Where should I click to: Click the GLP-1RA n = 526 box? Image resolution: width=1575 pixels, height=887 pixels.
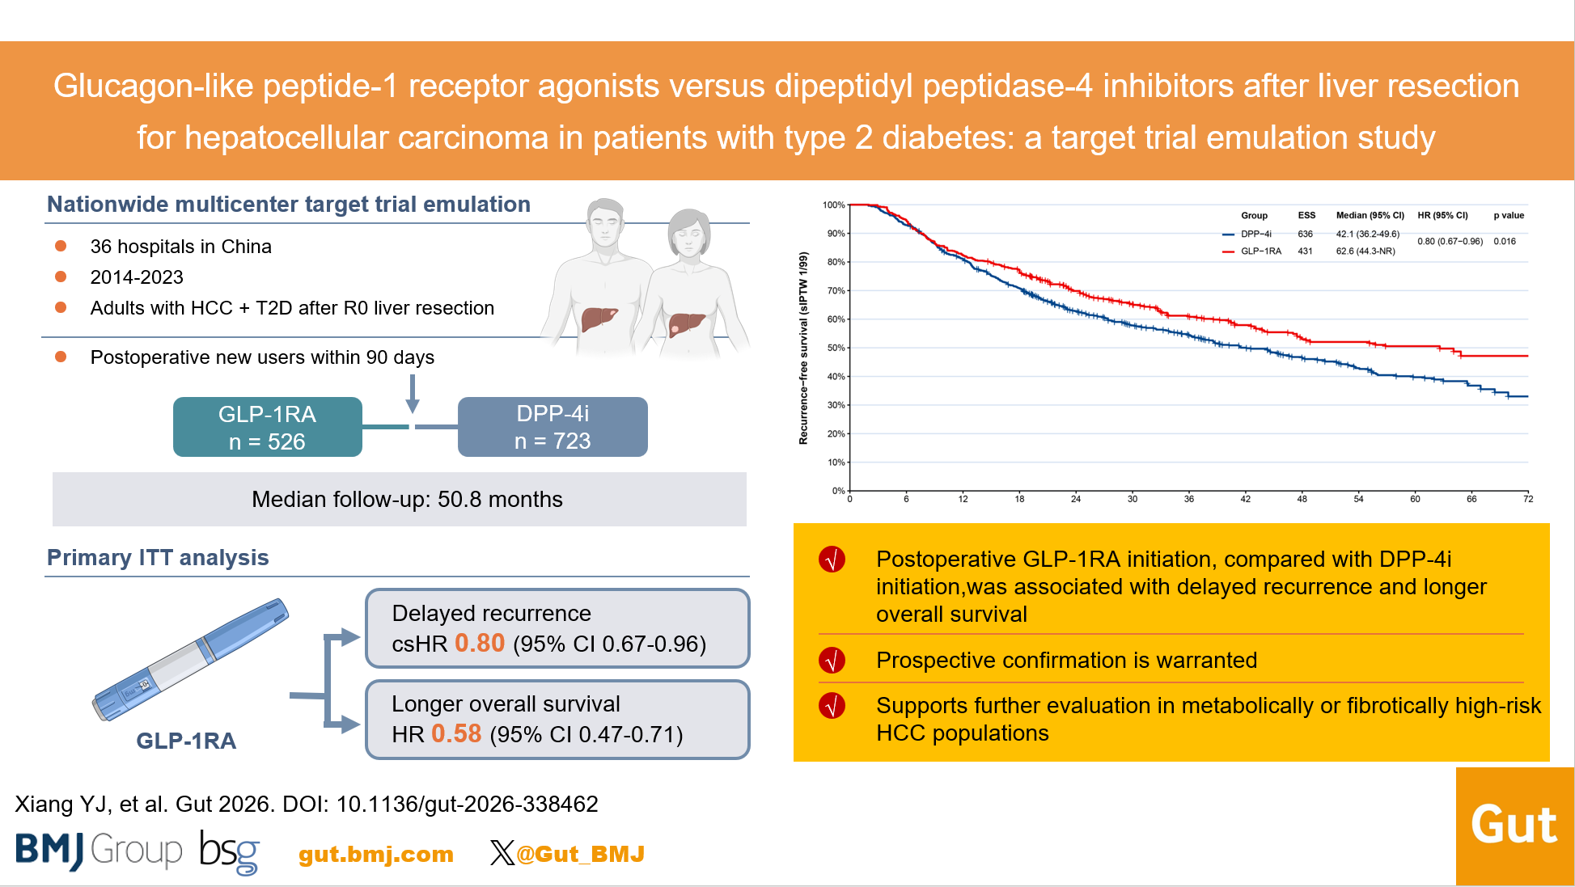[x=268, y=427]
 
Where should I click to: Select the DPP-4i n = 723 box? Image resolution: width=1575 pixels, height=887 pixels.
[x=553, y=427]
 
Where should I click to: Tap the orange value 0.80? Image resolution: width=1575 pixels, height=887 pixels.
[x=480, y=643]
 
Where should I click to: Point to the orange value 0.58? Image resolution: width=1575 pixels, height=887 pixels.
[x=456, y=733]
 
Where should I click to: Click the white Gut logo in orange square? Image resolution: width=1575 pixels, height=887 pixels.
[x=1514, y=826]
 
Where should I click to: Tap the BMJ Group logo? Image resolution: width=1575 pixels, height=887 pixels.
[x=99, y=851]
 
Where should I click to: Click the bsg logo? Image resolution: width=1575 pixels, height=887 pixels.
[x=230, y=852]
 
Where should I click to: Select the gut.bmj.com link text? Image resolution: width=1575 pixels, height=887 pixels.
[x=376, y=854]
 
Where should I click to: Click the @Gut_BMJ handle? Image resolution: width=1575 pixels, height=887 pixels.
[x=580, y=854]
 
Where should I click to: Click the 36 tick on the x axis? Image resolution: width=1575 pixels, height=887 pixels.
[x=1189, y=499]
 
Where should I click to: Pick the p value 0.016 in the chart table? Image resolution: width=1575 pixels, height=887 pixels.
[x=1505, y=241]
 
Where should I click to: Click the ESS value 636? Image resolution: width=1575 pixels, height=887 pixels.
[x=1306, y=234]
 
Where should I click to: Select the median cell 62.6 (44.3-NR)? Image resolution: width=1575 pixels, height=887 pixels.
[x=1365, y=251]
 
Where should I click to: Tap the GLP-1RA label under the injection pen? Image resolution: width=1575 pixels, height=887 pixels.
[x=186, y=741]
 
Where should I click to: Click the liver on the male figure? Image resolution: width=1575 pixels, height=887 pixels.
[x=599, y=318]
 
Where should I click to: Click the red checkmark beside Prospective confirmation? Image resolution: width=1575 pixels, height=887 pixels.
[x=832, y=661]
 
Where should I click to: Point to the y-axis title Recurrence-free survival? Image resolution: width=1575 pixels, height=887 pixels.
[x=803, y=348]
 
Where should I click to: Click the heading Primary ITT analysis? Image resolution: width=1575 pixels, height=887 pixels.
[x=158, y=558]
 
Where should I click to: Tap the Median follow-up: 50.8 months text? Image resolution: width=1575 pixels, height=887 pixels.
[x=407, y=500]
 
